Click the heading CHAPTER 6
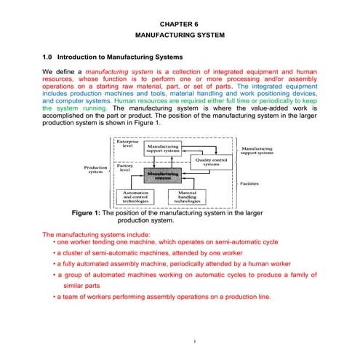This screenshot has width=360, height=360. click(180, 23)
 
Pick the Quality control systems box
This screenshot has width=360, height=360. click(211, 161)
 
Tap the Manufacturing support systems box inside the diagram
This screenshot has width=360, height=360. click(163, 148)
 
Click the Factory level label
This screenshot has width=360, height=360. click(126, 168)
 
